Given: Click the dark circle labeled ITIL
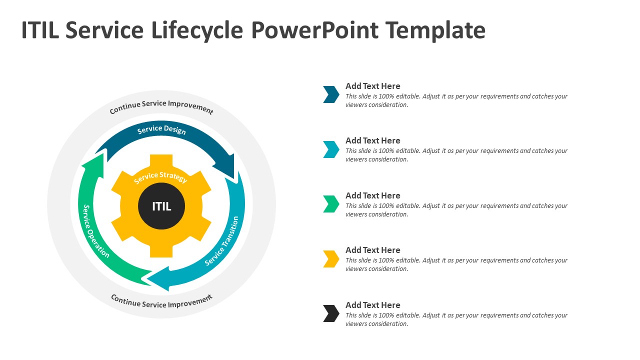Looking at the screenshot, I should (161, 206).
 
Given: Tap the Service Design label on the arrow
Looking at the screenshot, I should (161, 130).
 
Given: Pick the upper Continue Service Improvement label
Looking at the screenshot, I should (161, 106).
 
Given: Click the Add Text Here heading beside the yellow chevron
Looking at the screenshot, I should (373, 250).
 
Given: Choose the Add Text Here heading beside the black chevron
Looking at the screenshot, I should (373, 305).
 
